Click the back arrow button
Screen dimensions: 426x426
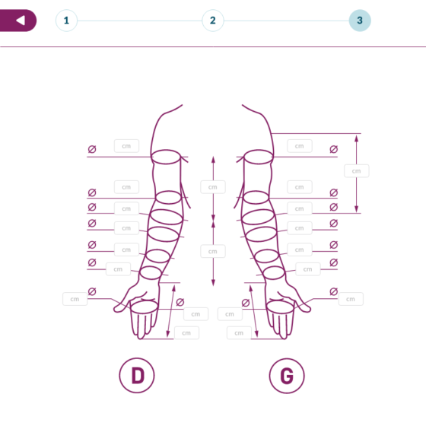18,21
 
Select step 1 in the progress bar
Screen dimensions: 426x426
66,21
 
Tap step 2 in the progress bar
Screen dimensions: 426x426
213,21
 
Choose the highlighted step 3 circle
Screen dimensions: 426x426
360,21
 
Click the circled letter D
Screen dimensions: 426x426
137,375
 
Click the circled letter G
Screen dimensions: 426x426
287,376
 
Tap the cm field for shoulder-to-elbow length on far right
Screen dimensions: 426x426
357,171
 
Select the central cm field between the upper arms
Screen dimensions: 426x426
213,187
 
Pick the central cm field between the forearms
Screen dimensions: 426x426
213,251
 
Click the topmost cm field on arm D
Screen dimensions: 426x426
126,146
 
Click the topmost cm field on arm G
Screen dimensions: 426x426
300,146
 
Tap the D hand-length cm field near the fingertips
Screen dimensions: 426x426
186,333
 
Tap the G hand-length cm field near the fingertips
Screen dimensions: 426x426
239,333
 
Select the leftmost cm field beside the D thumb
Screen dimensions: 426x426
75,299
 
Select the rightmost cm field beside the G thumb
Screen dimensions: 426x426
351,299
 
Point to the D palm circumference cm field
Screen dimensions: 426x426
196,314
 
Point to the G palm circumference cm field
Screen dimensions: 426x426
230,314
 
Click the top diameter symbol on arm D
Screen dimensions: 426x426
92,149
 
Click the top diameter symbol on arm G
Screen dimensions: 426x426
334,149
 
